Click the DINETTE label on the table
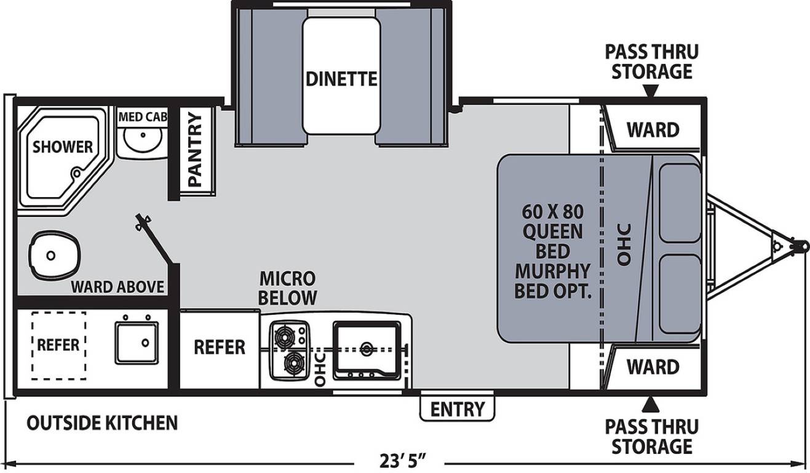(341, 79)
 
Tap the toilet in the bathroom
(54, 256)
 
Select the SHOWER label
(63, 147)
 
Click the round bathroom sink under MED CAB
(143, 140)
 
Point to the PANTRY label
(195, 150)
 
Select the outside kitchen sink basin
(137, 342)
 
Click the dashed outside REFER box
(58, 346)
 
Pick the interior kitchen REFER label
(220, 347)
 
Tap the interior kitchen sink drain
(367, 349)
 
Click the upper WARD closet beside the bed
(653, 130)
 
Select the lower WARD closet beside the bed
(653, 367)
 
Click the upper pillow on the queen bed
(680, 203)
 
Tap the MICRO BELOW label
(287, 288)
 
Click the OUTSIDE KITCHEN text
(102, 423)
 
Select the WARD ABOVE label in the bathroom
(117, 287)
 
